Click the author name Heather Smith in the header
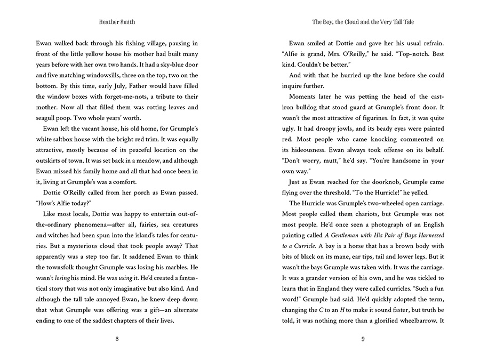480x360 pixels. pos(117,22)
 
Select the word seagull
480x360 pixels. pos(50,122)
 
